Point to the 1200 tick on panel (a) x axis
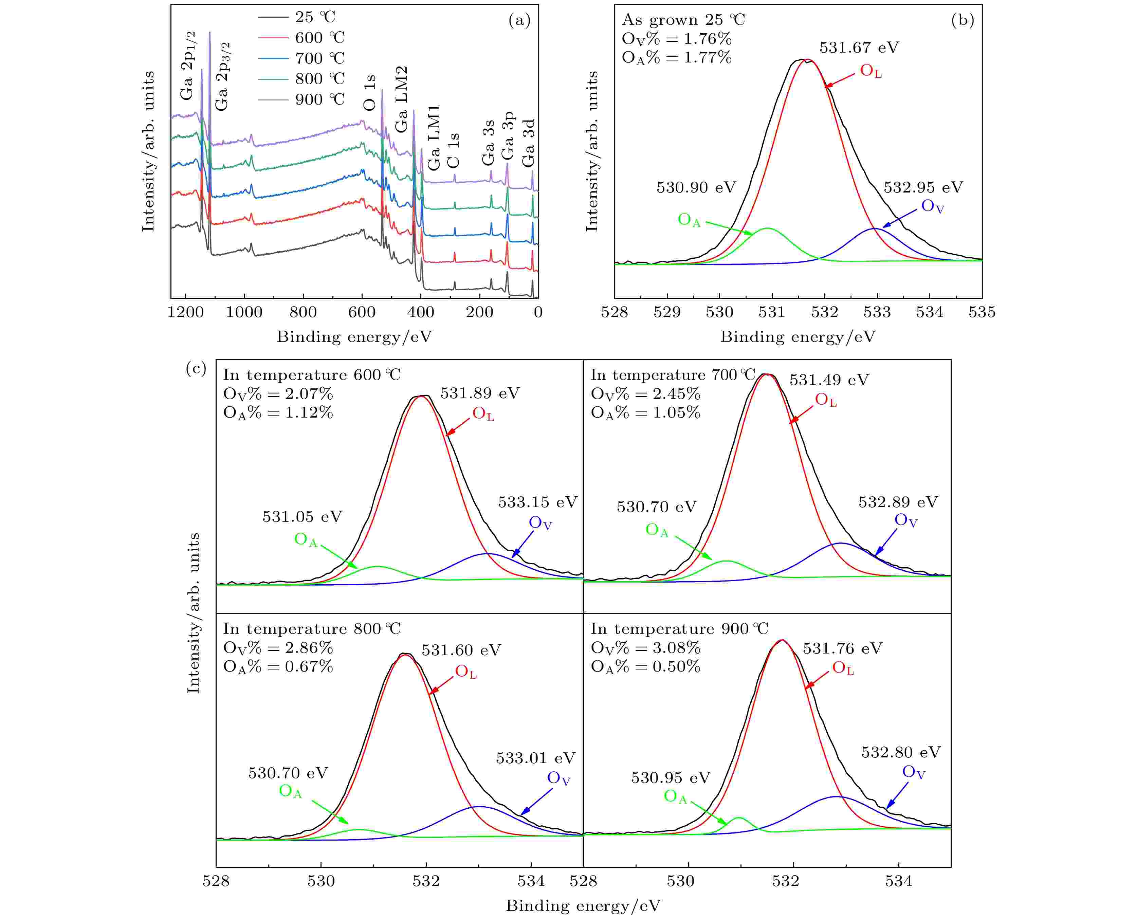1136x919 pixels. pyautogui.click(x=185, y=312)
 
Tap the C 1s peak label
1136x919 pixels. pyautogui.click(x=453, y=150)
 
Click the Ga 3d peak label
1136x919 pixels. pyautogui.click(x=528, y=143)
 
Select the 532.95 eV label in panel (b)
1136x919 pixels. pyautogui.click(x=923, y=187)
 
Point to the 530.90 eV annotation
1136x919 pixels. pyautogui.click(x=696, y=187)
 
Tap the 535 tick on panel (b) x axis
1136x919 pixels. pyautogui.click(x=982, y=312)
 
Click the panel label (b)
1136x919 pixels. pyautogui.click(x=963, y=20)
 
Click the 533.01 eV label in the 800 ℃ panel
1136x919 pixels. pyautogui.click(x=535, y=758)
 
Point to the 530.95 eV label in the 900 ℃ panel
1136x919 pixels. pyautogui.click(x=670, y=778)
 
